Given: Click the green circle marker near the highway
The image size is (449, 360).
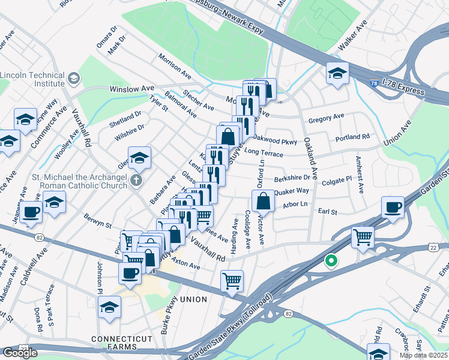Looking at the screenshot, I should pos(330,261).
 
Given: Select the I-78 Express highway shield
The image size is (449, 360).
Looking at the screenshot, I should pos(375,86).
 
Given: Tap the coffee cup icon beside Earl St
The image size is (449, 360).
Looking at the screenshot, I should pos(393,208).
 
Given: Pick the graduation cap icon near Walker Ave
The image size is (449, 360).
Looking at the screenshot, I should pos(337,74).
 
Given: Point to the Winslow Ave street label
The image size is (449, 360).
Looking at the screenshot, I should pos(131,89).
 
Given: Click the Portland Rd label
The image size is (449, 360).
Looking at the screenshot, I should pos(352,137).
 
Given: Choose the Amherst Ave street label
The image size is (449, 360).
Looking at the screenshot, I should pos(359,175).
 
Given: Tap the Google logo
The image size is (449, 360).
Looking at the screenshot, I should pos(20,353).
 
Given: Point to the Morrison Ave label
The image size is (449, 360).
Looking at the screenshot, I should pos(175,67).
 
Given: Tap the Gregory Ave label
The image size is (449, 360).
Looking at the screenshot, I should pos(326,119).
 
